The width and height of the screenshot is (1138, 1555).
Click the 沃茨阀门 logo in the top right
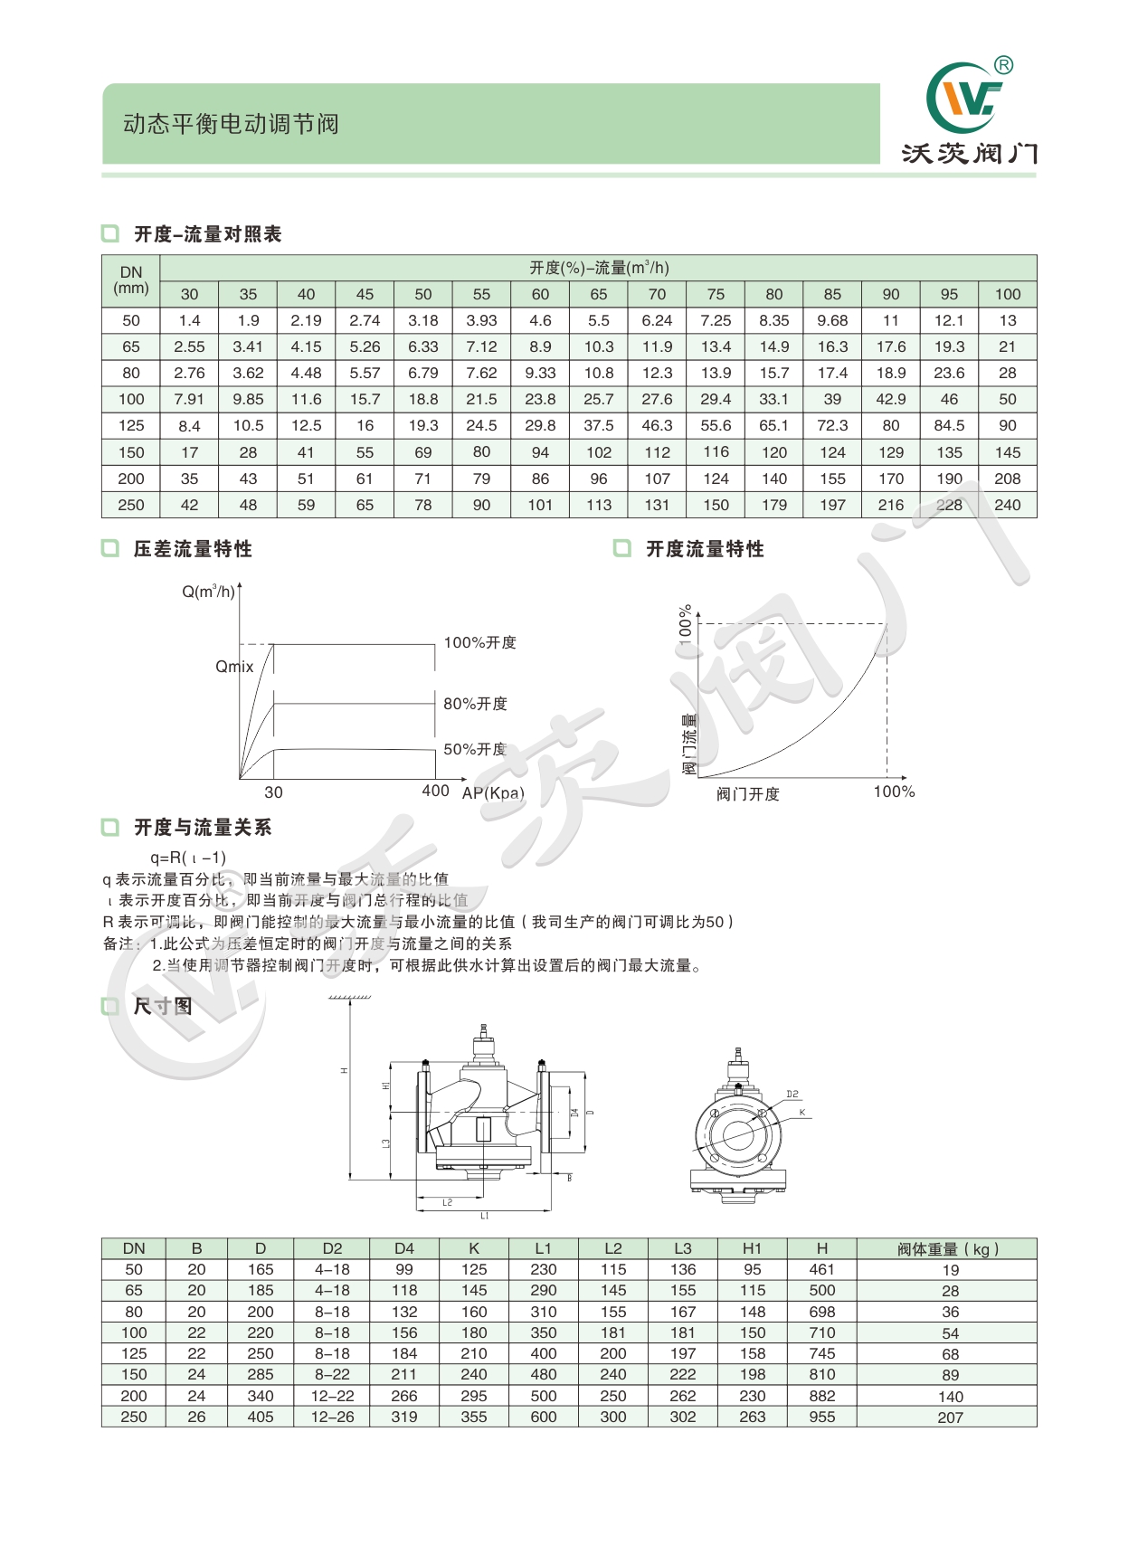969,114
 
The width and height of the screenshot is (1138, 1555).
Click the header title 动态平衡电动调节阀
231,124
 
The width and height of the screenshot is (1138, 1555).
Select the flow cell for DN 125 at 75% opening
716,425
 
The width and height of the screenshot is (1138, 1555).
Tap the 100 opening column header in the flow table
1007,294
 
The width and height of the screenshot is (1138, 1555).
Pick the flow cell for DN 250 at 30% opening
189,505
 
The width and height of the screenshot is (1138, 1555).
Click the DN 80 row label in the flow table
131,373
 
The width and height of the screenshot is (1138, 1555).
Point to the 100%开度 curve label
479,642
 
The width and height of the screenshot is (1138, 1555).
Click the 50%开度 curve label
474,749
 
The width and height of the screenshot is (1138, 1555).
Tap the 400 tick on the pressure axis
435,791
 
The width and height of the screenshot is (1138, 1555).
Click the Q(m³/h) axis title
208,592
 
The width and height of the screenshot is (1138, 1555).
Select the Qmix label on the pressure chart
234,667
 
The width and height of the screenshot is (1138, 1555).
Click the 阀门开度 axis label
747,794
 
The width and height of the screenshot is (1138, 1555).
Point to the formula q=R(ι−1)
188,858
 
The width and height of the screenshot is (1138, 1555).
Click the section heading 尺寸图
163,1006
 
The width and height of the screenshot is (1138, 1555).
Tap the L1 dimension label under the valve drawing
485,1216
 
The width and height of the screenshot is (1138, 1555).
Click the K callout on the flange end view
801,1113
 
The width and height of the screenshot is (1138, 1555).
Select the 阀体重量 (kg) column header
947,1249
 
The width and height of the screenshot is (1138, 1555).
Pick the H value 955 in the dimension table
821,1417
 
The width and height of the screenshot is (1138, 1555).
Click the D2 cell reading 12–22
332,1396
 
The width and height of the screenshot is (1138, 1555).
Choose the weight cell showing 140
950,1397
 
